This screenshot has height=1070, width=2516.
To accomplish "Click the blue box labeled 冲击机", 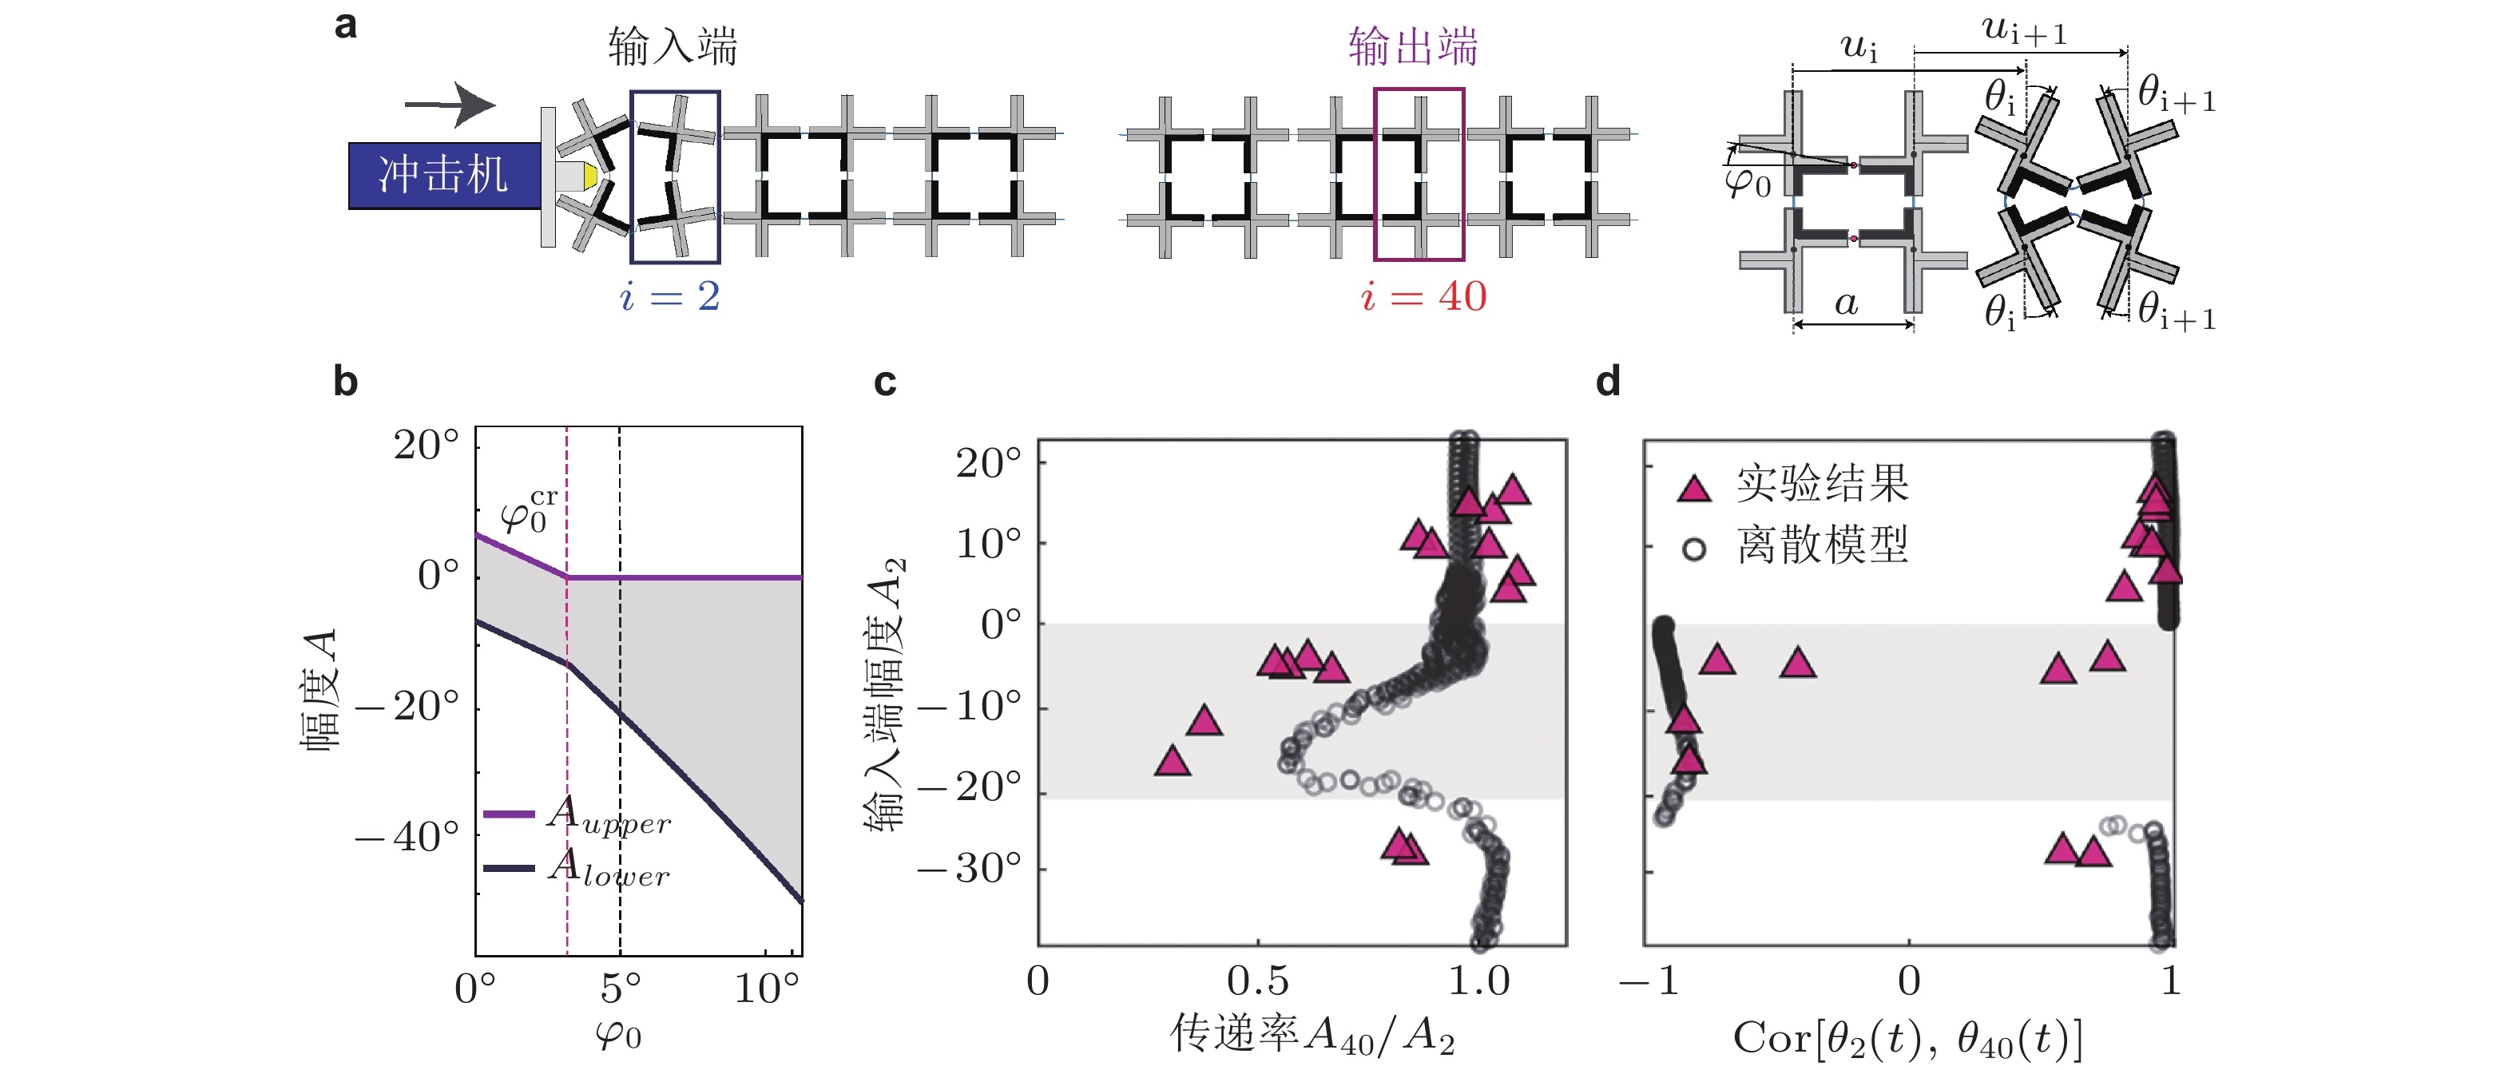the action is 444,176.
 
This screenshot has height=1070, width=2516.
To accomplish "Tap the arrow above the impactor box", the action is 450,105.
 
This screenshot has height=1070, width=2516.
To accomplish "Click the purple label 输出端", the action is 1413,46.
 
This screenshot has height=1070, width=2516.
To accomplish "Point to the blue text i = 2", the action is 670,295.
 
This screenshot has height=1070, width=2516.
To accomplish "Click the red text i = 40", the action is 1424,295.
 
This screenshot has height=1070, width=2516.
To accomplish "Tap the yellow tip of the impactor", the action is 590,176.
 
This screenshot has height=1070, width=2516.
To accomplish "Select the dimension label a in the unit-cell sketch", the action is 1846,303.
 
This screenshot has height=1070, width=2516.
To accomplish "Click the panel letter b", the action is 345,381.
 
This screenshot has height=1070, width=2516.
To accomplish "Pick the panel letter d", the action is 1608,381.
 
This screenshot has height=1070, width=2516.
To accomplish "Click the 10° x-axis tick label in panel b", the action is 767,988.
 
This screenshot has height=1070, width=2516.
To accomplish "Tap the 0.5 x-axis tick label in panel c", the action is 1258,981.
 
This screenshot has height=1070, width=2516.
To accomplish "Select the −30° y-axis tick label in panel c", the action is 970,868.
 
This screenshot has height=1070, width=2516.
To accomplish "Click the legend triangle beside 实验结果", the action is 1695,487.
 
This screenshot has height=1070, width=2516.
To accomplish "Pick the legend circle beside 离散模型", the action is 1695,549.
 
